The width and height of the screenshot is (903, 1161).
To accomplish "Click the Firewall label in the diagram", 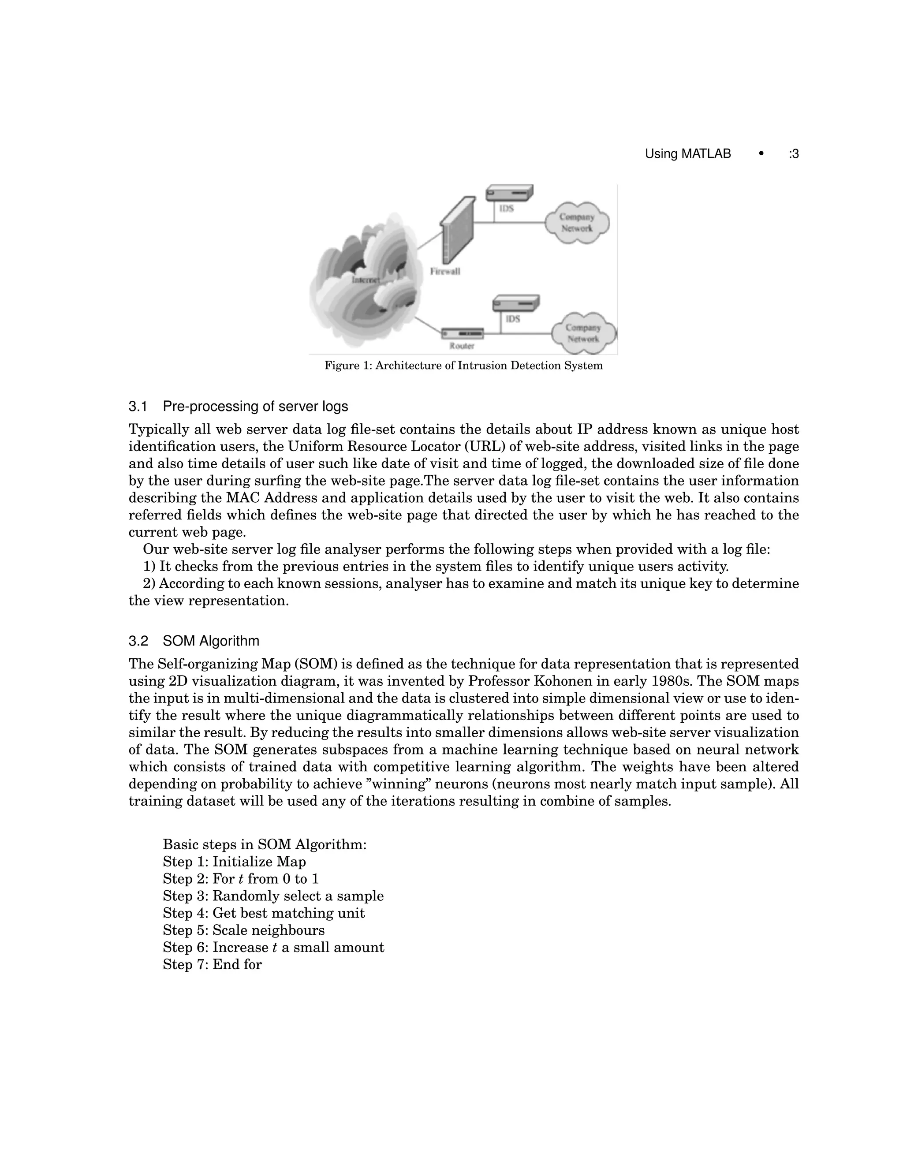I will click(x=445, y=272).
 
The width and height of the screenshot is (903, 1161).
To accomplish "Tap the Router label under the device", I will click(x=462, y=346).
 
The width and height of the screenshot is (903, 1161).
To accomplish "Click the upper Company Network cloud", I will click(x=577, y=222).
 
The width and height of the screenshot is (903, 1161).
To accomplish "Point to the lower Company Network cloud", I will click(x=583, y=333).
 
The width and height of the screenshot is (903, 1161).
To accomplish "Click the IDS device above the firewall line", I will click(x=509, y=192).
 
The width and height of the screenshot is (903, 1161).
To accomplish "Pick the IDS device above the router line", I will click(x=515, y=303).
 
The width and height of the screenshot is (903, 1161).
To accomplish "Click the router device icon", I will click(x=463, y=333).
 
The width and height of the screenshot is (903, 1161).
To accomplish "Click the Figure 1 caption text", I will click(x=463, y=366).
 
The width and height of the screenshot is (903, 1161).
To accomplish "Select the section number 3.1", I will click(x=138, y=407).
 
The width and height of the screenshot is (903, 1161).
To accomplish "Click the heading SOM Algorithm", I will click(x=211, y=641).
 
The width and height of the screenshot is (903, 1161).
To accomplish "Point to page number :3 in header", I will click(x=794, y=154).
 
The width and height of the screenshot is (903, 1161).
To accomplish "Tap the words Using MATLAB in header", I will click(x=688, y=154).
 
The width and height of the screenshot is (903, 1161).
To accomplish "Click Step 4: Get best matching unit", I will click(x=264, y=913).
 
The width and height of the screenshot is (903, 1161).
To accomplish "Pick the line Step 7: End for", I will click(x=212, y=965).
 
